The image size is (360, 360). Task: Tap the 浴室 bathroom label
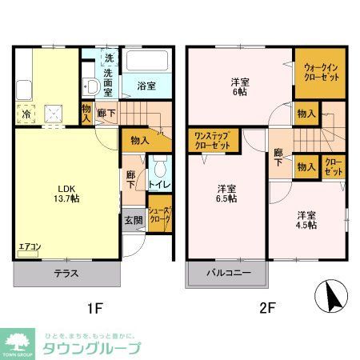click(145, 86)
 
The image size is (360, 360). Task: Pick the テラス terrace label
click(66, 274)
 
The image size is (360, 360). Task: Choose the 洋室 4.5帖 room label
click(306, 220)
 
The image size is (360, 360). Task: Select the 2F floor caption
click(266, 306)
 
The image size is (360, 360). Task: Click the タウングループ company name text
click(88, 348)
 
